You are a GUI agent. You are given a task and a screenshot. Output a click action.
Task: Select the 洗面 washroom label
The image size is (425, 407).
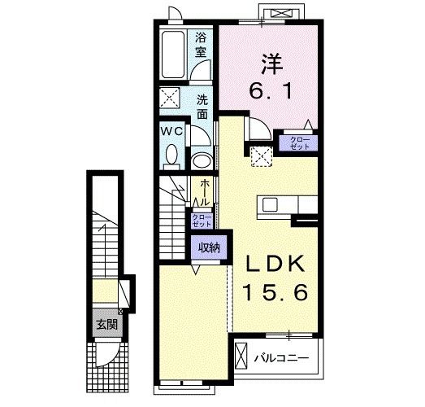pyautogui.click(x=202, y=108)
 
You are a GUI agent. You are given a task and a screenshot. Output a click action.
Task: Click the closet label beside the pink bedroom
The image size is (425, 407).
pyautogui.click(x=298, y=143)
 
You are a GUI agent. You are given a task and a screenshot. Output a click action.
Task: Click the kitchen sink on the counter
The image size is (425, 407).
pyautogui.click(x=270, y=204)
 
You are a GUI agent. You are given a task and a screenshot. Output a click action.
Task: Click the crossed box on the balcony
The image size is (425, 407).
pyautogui.click(x=241, y=356)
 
